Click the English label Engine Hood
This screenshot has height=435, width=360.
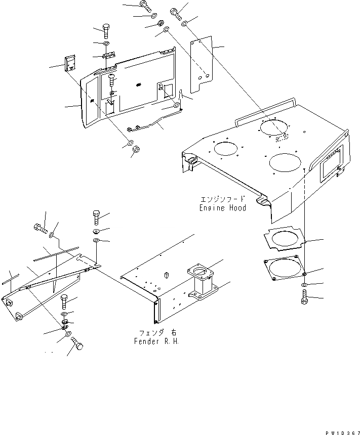click(222, 208)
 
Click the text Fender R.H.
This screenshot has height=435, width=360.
click(154, 341)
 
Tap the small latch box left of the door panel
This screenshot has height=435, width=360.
click(69, 64)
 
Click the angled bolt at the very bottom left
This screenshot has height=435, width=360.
click(78, 344)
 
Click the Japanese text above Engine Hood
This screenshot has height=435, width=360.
click(223, 199)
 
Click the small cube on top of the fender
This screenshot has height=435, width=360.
click(166, 275)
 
